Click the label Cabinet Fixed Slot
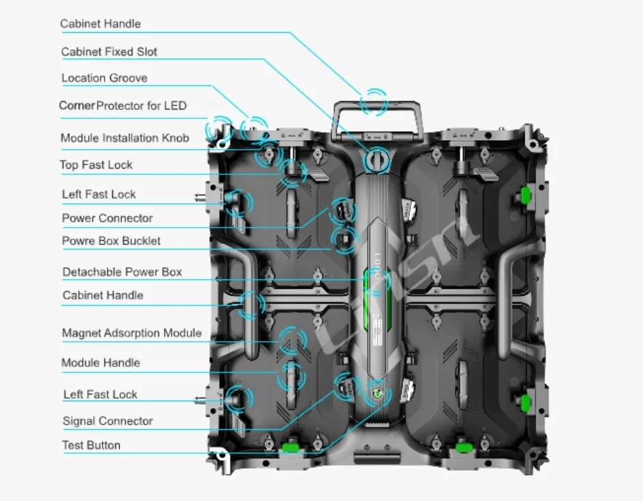109,52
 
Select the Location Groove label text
104,78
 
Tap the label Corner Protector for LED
122,105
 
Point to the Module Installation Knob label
124,138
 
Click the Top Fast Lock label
96,165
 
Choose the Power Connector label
107,218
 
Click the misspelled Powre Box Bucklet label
111,241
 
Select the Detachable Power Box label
122,272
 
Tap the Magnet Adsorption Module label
131,333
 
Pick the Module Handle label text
101,362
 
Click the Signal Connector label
107,421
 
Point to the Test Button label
91,445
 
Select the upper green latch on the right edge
527,195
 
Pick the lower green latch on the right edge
527,401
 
